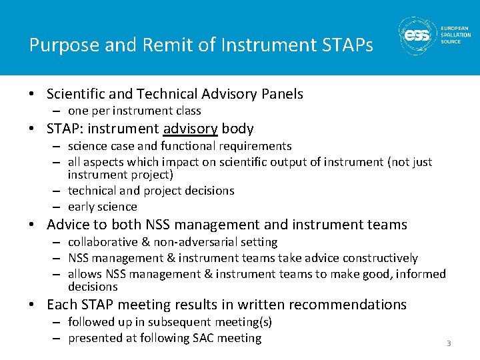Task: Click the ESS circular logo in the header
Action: pos(418,37)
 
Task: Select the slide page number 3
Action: pos(449,343)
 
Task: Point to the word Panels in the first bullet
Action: pos(281,94)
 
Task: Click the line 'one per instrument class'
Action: pos(134,111)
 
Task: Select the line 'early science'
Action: pos(102,207)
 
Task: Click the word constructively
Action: pos(377,258)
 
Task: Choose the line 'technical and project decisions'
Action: pos(151,191)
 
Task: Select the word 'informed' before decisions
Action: pos(423,274)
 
